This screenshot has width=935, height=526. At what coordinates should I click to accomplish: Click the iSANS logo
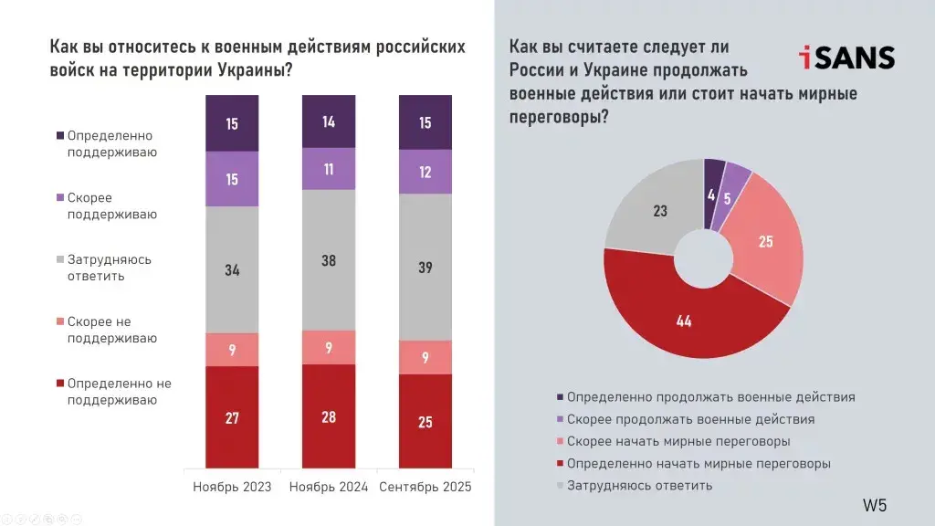point(846,58)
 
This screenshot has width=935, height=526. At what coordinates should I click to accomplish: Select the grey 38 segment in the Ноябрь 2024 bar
point(329,260)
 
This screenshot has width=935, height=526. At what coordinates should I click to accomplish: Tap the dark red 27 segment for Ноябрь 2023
point(232,417)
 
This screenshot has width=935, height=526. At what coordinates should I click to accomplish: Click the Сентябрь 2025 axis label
point(425,487)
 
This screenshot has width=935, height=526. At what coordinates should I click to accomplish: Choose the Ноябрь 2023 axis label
point(232,487)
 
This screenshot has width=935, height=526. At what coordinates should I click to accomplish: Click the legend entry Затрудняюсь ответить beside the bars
point(110,268)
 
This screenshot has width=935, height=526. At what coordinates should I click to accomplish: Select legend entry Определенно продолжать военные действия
point(710,397)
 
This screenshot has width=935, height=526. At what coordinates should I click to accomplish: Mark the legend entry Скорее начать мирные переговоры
point(678,441)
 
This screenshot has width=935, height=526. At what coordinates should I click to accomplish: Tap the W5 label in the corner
point(875,505)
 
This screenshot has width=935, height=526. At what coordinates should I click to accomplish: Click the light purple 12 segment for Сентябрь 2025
point(425,172)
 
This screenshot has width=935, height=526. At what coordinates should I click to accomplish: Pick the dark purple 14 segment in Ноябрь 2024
point(329,121)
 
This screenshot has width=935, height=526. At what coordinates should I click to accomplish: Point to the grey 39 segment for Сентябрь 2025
point(425,267)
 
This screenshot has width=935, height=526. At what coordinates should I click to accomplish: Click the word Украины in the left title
point(252,71)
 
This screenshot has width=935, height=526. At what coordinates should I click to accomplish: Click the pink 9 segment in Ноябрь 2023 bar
point(232,349)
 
